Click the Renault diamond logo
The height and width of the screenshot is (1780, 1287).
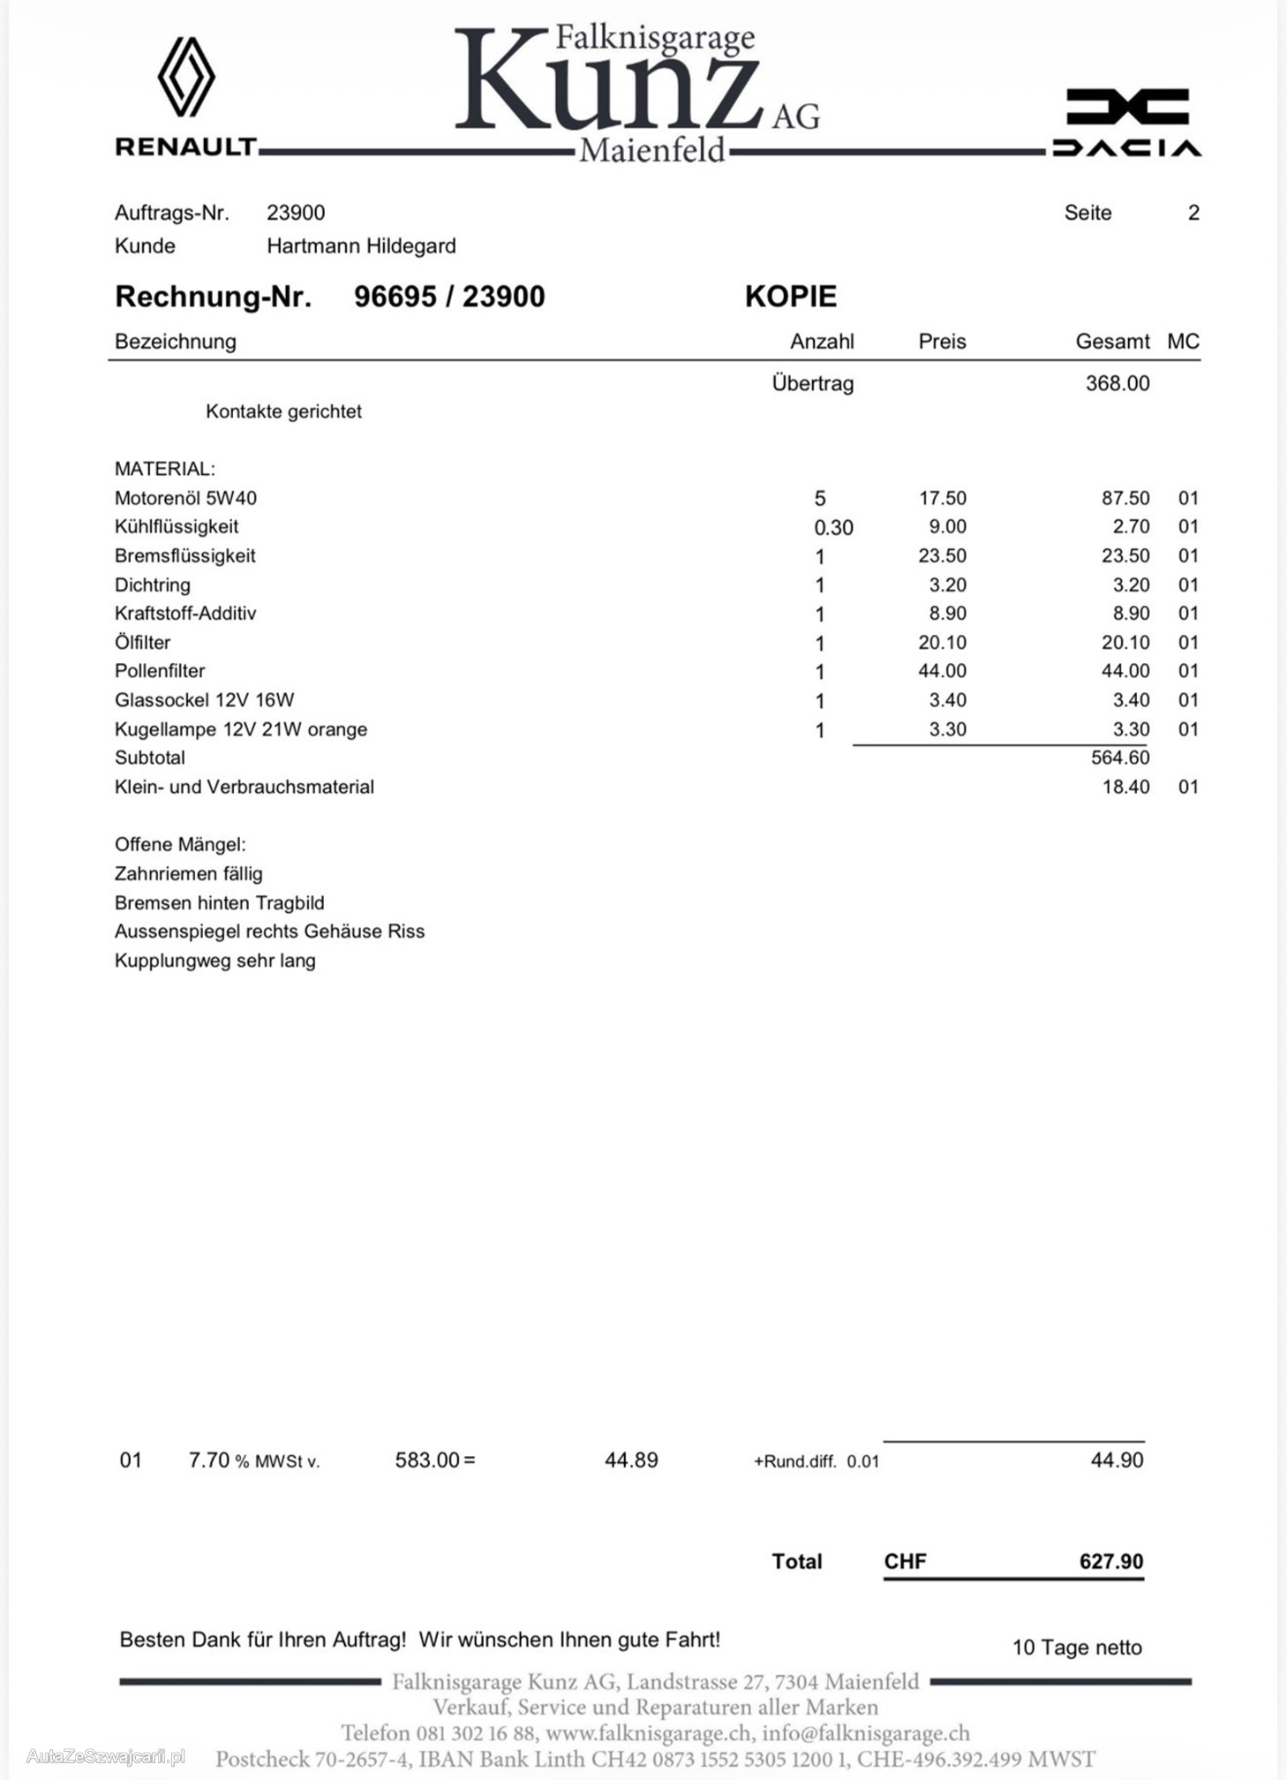click(x=186, y=77)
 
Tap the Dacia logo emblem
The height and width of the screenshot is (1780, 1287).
click(x=1127, y=107)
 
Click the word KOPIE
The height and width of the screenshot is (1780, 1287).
click(x=790, y=297)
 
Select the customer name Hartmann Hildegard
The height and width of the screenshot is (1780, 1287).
click(x=361, y=246)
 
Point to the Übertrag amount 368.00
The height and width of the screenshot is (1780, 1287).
click(x=1117, y=383)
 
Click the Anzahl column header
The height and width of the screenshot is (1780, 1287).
click(x=821, y=342)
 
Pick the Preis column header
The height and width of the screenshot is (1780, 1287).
click(x=942, y=342)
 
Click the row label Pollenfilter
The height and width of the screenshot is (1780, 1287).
click(x=160, y=671)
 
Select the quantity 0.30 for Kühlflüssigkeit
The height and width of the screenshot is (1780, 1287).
click(x=833, y=528)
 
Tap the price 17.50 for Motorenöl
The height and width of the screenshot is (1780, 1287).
click(x=942, y=498)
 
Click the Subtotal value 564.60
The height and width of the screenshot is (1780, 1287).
click(x=1119, y=758)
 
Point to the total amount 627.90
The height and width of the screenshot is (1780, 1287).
click(x=1110, y=1561)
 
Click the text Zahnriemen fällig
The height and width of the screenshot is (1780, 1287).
click(x=188, y=874)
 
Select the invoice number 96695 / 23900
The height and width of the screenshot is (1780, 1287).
click(x=449, y=297)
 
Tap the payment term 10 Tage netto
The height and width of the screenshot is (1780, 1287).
click(x=1076, y=1648)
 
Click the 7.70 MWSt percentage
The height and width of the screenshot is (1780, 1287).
click(x=209, y=1460)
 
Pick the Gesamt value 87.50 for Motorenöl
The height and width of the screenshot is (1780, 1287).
click(x=1125, y=498)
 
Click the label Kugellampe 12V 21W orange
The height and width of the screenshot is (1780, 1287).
click(x=240, y=729)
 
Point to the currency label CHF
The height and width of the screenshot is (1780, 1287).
click(x=905, y=1561)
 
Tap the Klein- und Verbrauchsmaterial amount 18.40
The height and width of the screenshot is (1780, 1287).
click(x=1125, y=787)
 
